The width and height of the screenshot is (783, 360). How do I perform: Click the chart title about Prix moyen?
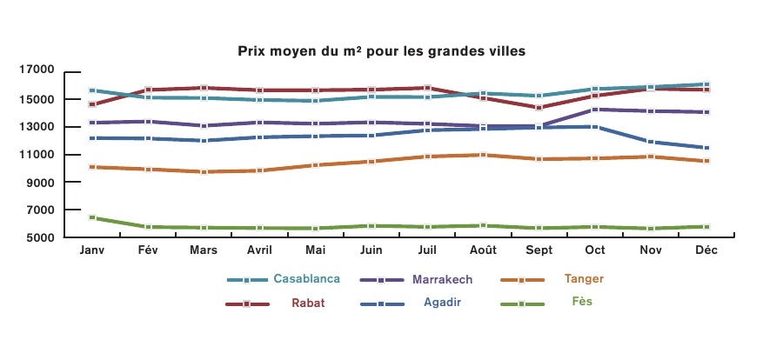(x=382, y=51)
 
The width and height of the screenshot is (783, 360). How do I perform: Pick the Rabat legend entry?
(x=308, y=303)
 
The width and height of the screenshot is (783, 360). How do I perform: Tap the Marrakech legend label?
(x=443, y=279)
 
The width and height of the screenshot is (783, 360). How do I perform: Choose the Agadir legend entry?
(x=442, y=303)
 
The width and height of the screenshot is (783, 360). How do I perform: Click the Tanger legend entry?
(x=583, y=279)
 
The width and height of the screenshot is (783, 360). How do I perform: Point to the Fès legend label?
(x=583, y=302)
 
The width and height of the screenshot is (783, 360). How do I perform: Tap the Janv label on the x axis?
(x=91, y=250)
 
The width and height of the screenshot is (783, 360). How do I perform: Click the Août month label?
(x=483, y=250)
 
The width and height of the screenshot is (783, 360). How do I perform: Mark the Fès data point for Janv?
(x=91, y=217)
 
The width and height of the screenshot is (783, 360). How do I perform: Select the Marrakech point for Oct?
(x=596, y=110)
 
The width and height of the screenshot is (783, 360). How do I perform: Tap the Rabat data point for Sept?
(x=539, y=108)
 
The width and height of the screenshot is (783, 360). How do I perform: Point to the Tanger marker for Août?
(x=484, y=155)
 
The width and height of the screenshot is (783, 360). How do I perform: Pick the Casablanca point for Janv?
(x=91, y=90)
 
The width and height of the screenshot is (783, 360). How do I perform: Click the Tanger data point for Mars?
(x=204, y=171)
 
